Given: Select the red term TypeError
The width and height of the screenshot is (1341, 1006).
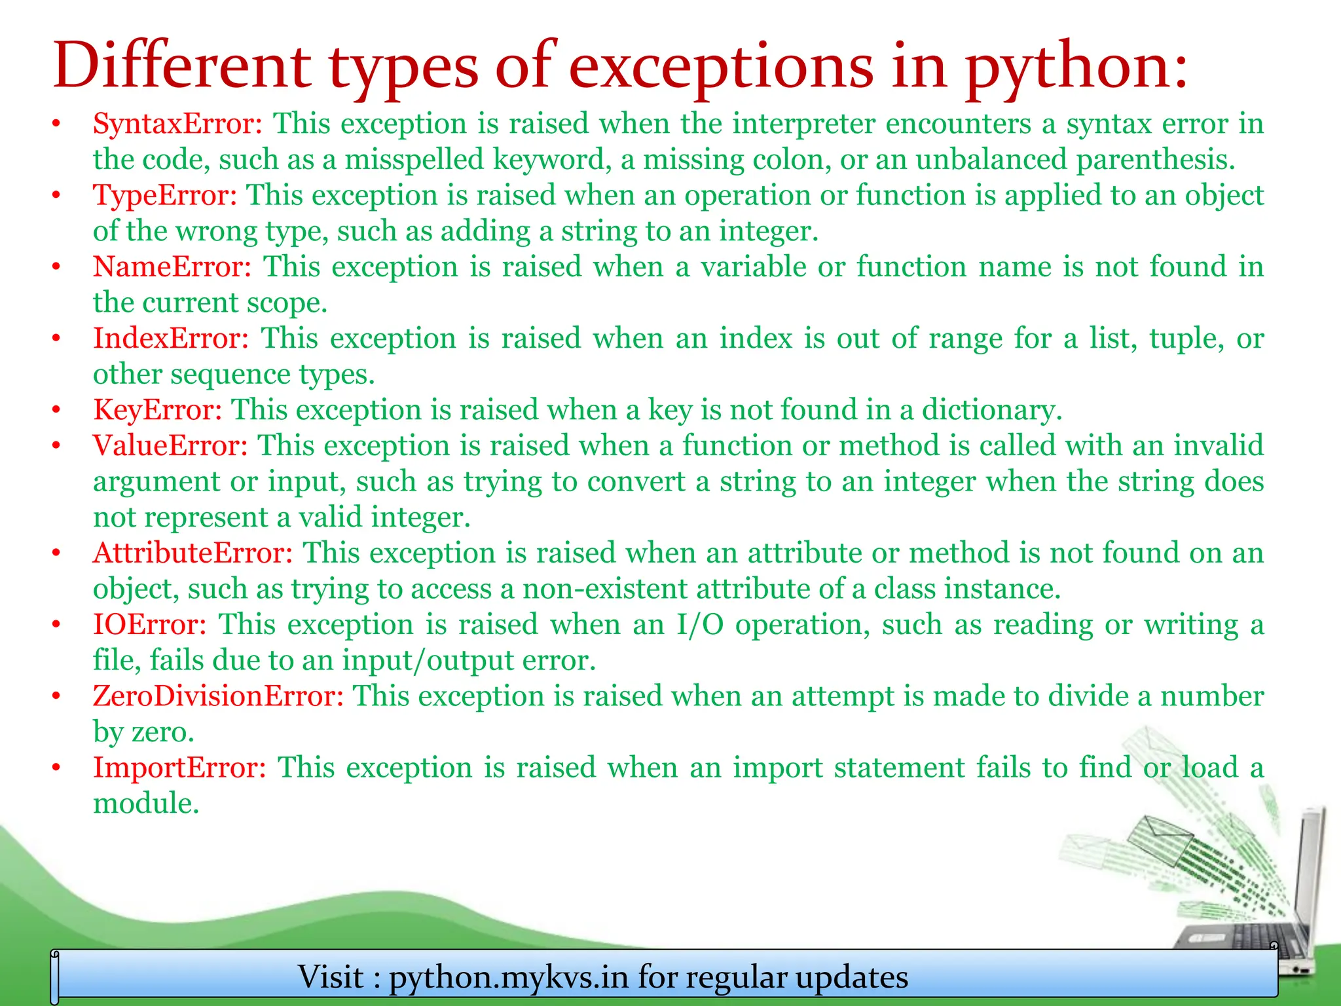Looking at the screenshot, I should point(164,195).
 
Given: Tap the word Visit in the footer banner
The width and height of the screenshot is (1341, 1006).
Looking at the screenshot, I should point(331,977).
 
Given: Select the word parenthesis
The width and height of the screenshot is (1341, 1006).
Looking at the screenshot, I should point(1155,160).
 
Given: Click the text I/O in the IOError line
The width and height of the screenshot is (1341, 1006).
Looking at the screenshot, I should point(699,625).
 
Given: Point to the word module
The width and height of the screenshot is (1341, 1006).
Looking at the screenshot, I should point(145,804).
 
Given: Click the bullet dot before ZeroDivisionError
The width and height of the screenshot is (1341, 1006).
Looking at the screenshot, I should point(57,696).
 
